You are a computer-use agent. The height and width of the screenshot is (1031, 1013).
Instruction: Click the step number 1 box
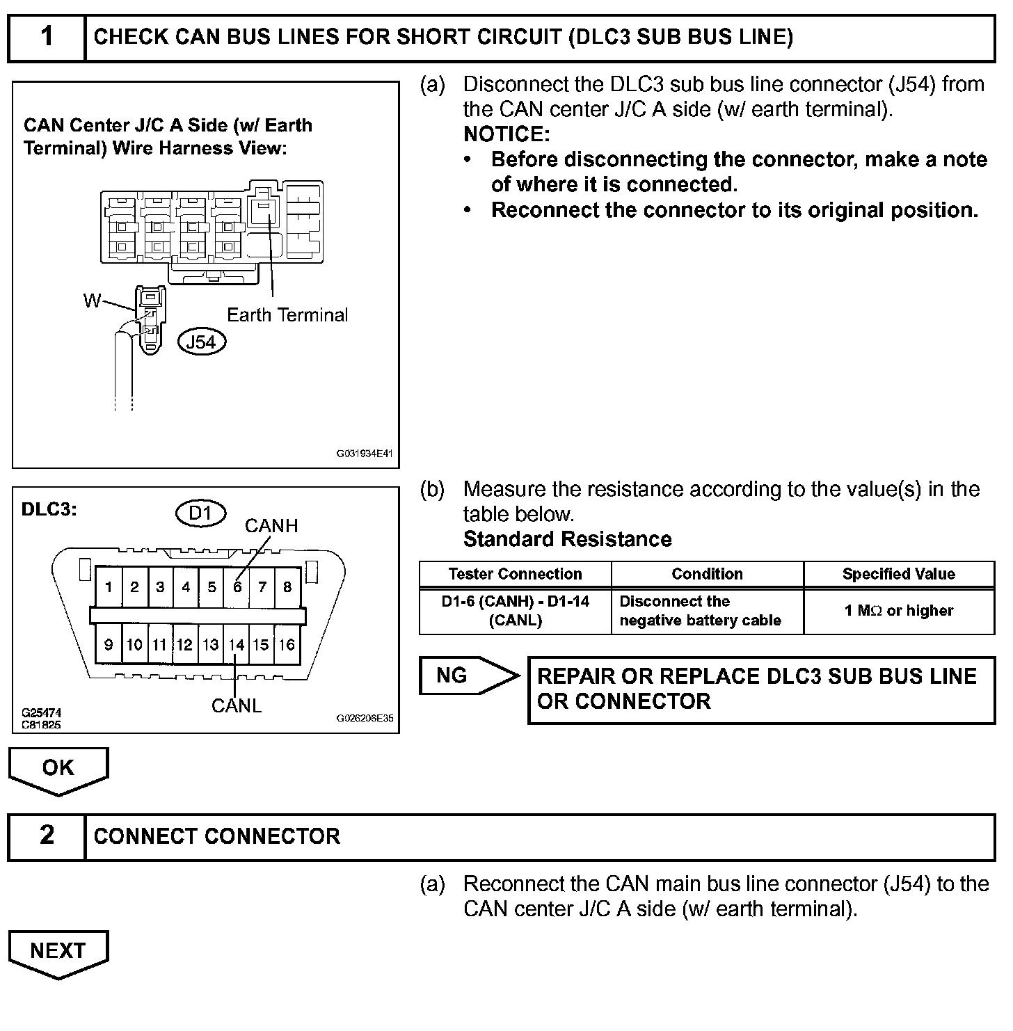(x=47, y=37)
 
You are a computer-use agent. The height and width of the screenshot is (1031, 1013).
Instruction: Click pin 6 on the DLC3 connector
(x=237, y=586)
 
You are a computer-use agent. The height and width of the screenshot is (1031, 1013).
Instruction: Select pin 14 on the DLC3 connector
(x=237, y=645)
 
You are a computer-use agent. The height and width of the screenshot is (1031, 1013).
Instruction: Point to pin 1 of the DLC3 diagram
(x=109, y=586)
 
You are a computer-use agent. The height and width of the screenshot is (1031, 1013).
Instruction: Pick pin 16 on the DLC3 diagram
(x=287, y=645)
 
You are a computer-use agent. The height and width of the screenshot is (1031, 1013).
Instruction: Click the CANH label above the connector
(x=271, y=526)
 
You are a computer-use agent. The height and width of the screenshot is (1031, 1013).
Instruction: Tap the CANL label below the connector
(x=237, y=705)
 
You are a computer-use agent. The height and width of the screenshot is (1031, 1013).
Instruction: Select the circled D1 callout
(x=200, y=513)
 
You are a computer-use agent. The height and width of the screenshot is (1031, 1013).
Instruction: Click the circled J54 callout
(x=202, y=342)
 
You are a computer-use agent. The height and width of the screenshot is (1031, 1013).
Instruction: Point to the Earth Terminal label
(x=287, y=315)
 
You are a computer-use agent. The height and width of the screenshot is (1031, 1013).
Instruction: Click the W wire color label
(x=92, y=301)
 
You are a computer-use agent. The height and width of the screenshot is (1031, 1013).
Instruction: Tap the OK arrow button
(x=58, y=769)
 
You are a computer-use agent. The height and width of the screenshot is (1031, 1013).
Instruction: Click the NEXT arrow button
(x=58, y=952)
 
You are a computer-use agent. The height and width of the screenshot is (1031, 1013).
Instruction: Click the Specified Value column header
(x=898, y=574)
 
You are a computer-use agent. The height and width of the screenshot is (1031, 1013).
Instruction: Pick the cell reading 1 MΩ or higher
(x=898, y=611)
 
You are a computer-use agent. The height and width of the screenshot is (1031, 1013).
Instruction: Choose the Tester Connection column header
(x=515, y=574)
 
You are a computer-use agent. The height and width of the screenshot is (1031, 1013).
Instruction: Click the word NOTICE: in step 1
(x=506, y=134)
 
